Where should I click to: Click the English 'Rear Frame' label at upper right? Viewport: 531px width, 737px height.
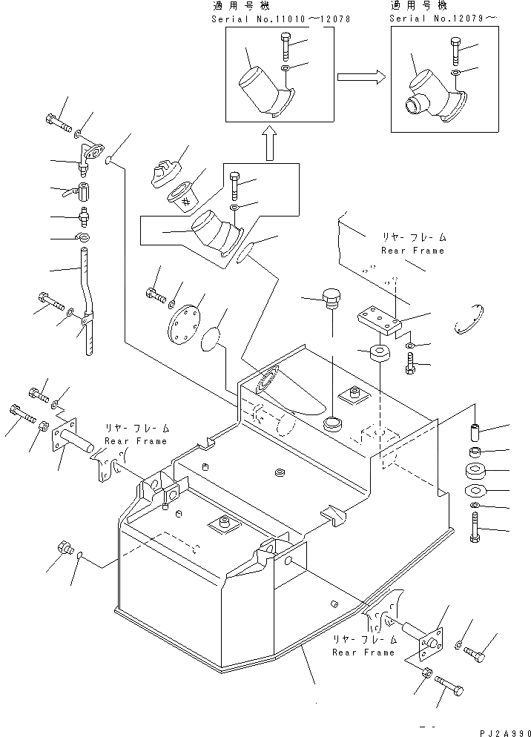tap(412, 251)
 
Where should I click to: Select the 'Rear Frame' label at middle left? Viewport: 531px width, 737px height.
tap(136, 440)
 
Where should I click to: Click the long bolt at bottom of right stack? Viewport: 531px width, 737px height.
tap(475, 533)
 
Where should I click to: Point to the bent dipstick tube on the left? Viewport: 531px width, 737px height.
tap(88, 304)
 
